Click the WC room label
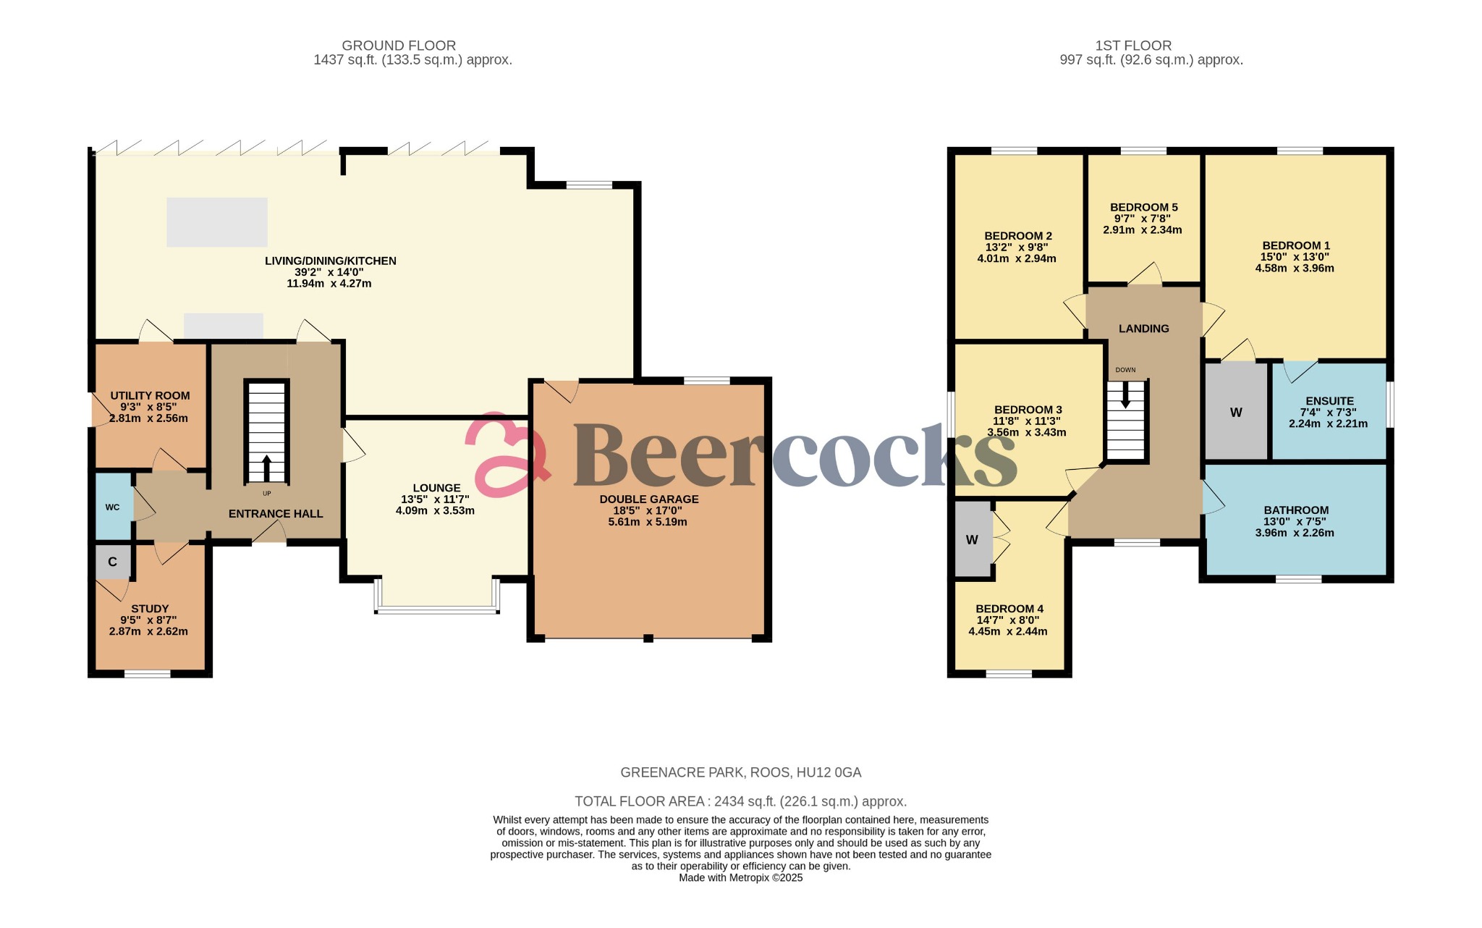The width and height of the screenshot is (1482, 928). click(x=112, y=507)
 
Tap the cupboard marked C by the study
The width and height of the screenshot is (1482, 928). click(x=112, y=562)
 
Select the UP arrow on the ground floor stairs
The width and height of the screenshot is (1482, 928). click(x=266, y=467)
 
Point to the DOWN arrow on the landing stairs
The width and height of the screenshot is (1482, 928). click(x=1125, y=395)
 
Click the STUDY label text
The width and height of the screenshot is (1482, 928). click(x=150, y=609)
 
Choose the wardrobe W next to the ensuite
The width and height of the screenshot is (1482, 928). click(x=1236, y=413)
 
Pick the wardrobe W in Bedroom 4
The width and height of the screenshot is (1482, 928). click(x=972, y=540)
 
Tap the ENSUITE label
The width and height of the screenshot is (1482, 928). click(x=1329, y=401)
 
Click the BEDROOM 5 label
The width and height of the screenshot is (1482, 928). click(x=1143, y=207)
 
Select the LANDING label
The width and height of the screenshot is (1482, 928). click(x=1143, y=329)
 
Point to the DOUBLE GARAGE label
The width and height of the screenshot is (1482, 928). click(x=648, y=499)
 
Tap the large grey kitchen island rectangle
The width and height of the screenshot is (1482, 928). click(x=217, y=222)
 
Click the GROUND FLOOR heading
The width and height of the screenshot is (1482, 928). click(x=398, y=46)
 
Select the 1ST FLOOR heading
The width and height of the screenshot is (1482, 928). click(x=1133, y=46)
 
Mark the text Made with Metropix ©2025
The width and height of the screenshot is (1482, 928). click(x=740, y=877)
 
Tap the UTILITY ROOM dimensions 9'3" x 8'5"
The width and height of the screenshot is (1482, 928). click(x=149, y=407)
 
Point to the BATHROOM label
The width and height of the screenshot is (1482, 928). click(x=1296, y=510)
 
